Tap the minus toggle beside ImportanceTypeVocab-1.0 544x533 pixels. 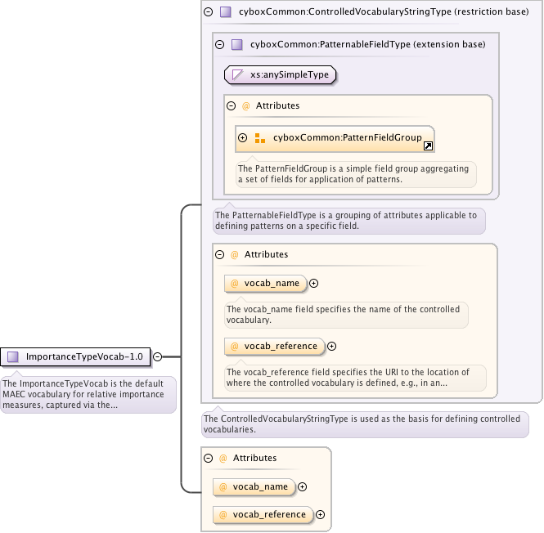[158, 356]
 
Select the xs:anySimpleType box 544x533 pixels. [281, 74]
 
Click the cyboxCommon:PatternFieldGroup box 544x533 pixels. [335, 138]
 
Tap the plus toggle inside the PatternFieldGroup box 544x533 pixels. [243, 138]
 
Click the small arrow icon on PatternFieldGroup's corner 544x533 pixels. [428, 146]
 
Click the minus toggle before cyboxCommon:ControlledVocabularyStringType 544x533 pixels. [209, 12]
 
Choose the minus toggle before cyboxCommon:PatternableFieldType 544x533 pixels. [220, 44]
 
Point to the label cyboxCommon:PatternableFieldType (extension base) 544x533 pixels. [367, 44]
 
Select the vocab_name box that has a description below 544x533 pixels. [266, 283]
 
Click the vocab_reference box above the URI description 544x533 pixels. [275, 346]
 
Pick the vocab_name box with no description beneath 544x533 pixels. [254, 486]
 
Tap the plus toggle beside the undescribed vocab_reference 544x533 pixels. [320, 514]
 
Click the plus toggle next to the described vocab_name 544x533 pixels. [313, 283]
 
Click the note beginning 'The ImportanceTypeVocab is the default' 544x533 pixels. [88, 394]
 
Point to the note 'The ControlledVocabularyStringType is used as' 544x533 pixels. [365, 423]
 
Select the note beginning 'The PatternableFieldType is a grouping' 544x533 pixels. [348, 220]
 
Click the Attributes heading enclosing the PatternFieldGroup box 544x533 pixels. [277, 105]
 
